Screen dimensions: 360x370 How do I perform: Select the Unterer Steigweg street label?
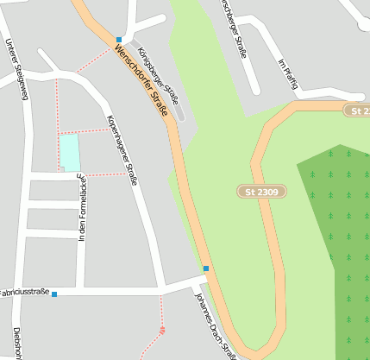[x=16, y=69]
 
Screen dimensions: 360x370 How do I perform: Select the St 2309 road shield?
[x=260, y=191]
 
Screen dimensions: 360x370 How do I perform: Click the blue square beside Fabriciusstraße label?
[x=54, y=294]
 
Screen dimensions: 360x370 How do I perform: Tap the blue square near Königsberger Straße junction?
[x=118, y=39]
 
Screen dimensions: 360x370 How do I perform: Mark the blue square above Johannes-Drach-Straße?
[x=205, y=268]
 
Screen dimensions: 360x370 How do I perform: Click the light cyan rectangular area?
[x=69, y=152]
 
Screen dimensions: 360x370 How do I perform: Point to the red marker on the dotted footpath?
[x=162, y=329]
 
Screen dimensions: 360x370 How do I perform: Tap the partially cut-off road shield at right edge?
[x=357, y=111]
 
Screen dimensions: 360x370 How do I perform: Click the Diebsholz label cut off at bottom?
[x=16, y=343]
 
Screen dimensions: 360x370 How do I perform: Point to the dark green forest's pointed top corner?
[x=341, y=146]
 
